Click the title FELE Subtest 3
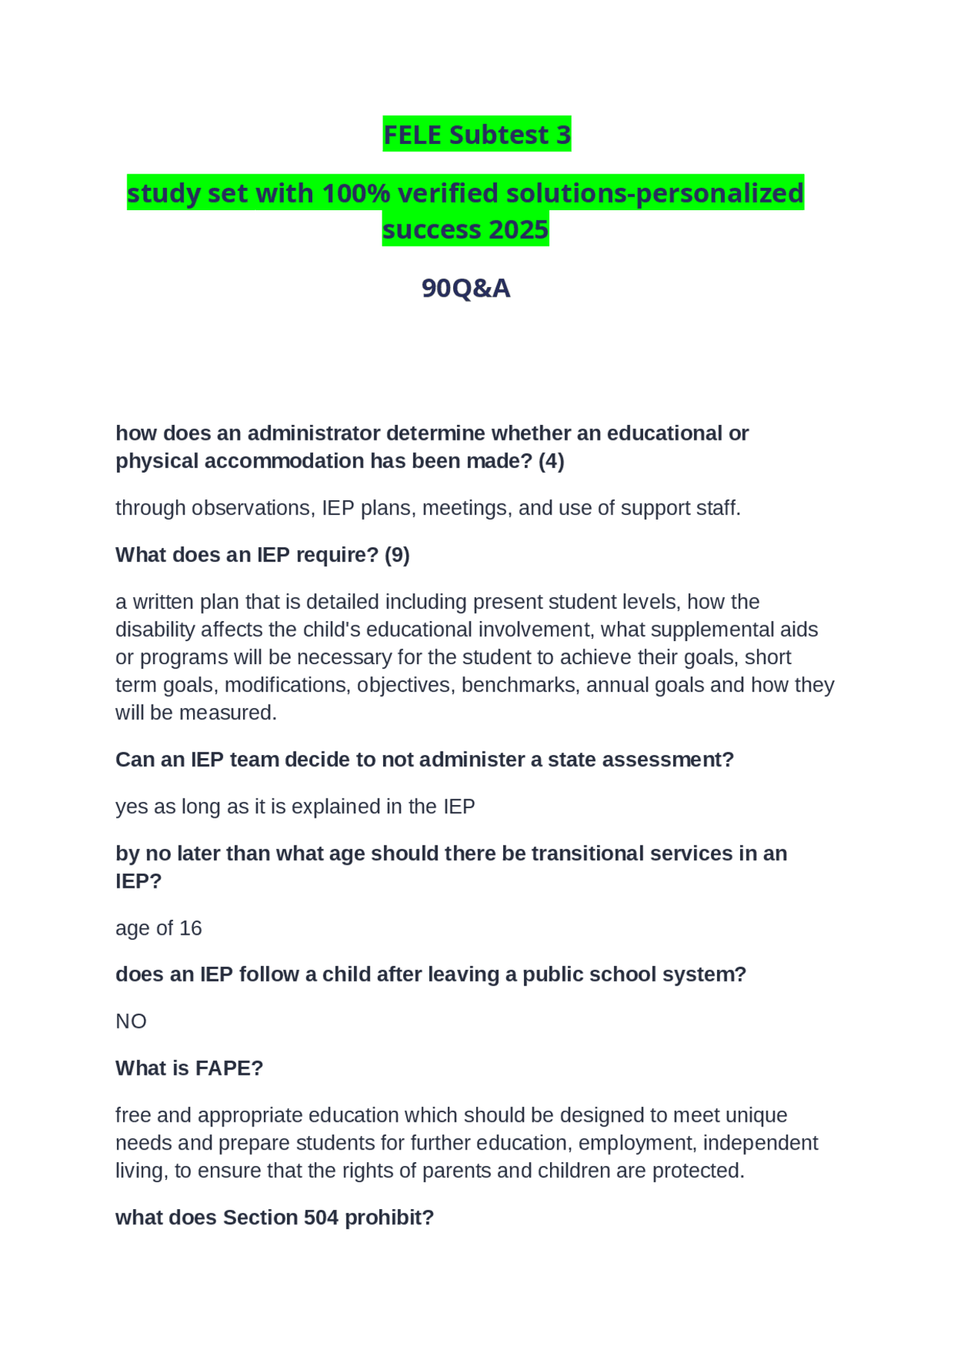point(477,135)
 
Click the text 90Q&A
point(466,288)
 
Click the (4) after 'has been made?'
point(551,461)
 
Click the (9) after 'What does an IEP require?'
point(397,555)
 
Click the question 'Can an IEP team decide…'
point(424,759)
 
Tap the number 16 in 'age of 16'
point(191,927)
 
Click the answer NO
point(131,1021)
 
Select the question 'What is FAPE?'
point(189,1067)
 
